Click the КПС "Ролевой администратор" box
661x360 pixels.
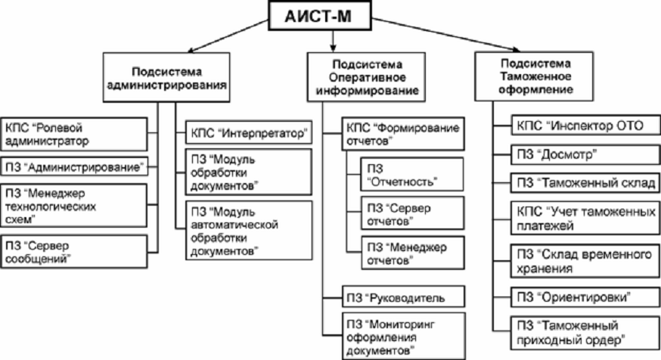coord(73,135)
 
